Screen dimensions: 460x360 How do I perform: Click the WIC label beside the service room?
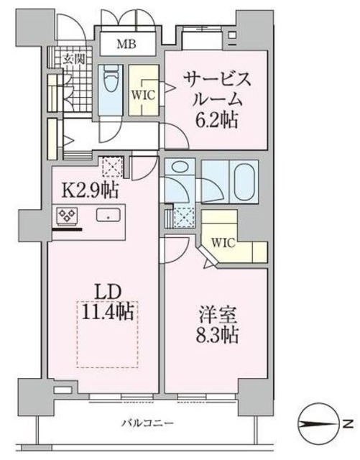point(141,93)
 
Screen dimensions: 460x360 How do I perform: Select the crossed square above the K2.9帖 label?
point(112,167)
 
